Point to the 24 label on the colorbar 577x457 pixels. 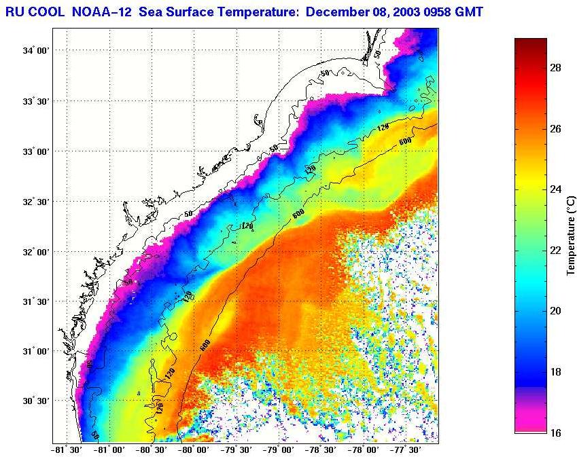[x=555, y=189]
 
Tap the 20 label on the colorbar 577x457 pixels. [x=555, y=311]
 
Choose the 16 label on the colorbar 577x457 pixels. [x=555, y=433]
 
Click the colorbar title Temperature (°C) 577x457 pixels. [x=571, y=235]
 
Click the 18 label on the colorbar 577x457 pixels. [x=555, y=372]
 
